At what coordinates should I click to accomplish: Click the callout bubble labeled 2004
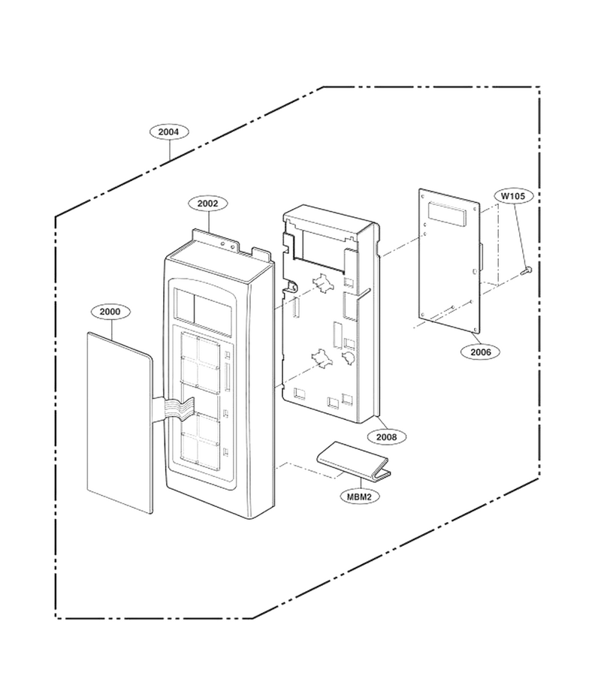(170, 132)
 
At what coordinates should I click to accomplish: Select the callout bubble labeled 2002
(208, 204)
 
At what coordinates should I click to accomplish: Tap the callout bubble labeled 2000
(110, 312)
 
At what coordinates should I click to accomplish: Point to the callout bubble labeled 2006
(481, 352)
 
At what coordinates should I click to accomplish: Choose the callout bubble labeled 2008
(387, 437)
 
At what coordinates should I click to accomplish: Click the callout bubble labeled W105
(514, 196)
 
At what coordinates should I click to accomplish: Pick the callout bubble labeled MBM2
(360, 496)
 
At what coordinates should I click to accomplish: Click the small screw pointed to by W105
(527, 270)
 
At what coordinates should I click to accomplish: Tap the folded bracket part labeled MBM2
(352, 461)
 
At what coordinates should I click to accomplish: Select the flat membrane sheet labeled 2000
(119, 422)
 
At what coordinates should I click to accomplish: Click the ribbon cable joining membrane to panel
(173, 407)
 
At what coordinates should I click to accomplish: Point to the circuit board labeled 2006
(448, 261)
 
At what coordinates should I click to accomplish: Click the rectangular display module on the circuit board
(447, 214)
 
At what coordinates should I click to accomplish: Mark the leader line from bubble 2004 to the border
(170, 150)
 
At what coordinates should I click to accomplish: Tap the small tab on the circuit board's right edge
(482, 255)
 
